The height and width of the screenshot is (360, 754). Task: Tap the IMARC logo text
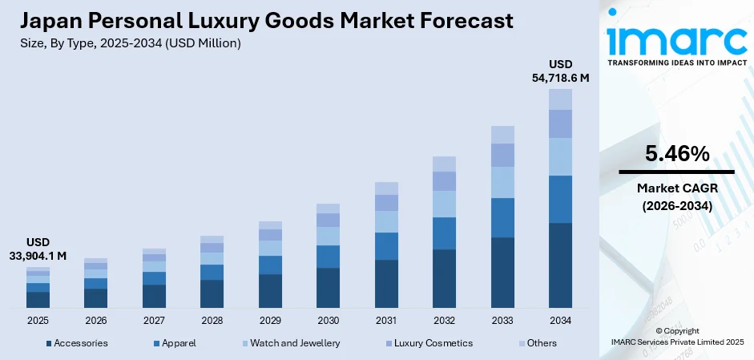click(676, 39)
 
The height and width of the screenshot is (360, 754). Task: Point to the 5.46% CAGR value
click(676, 153)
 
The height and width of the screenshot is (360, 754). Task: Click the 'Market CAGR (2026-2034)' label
click(676, 196)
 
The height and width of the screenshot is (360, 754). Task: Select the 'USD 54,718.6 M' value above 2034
click(560, 71)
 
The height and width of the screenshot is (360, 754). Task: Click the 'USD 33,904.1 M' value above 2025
click(38, 249)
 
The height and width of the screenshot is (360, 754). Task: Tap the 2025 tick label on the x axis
click(38, 320)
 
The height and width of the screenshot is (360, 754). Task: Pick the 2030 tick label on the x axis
click(328, 320)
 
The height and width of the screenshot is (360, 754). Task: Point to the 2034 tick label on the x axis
click(560, 320)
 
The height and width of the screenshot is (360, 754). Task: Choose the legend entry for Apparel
click(179, 343)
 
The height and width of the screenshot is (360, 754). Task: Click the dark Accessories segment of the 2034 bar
click(560, 265)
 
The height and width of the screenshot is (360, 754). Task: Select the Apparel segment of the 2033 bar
click(502, 217)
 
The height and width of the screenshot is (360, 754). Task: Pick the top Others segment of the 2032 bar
click(444, 164)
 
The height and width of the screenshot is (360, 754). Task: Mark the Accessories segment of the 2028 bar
click(212, 293)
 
